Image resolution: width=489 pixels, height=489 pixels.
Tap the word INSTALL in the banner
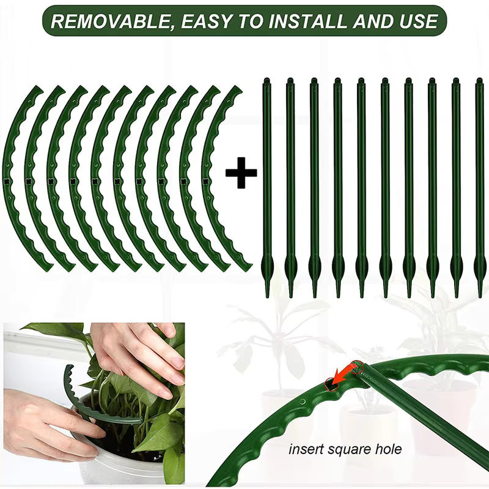coord(307,21)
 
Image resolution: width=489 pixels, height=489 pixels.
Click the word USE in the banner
coord(419,21)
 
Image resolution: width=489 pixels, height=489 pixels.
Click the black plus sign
coord(241,173)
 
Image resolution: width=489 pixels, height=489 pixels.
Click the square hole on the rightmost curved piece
coord(205,181)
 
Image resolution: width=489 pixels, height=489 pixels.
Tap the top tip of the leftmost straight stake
coord(267,79)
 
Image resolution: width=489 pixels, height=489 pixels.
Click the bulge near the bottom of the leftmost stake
coord(267,265)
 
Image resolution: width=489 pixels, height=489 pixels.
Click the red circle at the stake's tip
coord(356,367)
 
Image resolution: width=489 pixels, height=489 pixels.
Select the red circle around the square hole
coord(331,384)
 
